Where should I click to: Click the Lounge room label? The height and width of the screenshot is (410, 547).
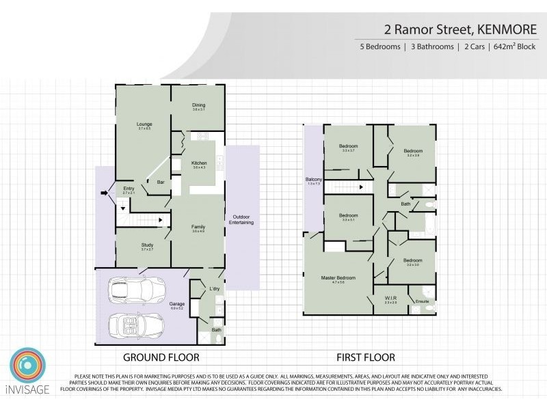tap(144, 124)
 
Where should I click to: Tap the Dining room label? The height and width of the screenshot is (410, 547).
tap(198, 105)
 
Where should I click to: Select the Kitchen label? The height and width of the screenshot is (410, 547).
tap(199, 163)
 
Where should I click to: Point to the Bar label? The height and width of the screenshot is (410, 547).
tap(161, 182)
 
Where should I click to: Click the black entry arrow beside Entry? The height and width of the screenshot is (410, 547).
tap(104, 193)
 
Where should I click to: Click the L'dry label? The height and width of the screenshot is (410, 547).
tap(214, 290)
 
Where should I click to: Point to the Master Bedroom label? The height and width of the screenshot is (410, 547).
tap(338, 277)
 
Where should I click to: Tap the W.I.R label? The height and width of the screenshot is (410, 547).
tap(390, 298)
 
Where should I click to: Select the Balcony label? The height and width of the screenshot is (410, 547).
tap(314, 180)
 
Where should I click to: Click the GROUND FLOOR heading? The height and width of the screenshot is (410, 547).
tap(161, 357)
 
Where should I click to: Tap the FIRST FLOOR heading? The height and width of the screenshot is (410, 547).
tap(365, 357)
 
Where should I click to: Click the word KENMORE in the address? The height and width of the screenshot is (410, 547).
tap(503, 29)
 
